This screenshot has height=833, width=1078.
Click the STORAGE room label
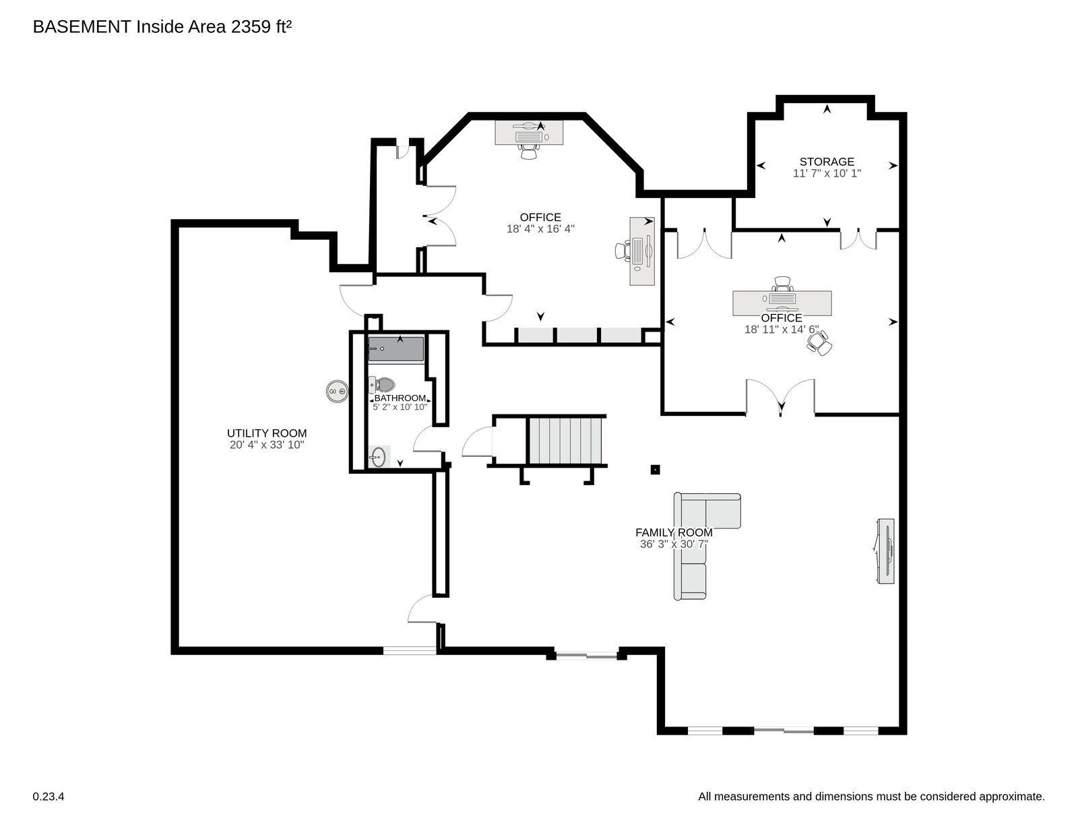pos(827,162)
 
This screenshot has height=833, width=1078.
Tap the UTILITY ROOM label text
pos(267,433)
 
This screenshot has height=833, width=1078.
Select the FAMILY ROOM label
pos(674,532)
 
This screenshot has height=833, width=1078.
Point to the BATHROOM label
pos(400,398)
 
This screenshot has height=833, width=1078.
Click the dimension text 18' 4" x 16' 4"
pos(540,229)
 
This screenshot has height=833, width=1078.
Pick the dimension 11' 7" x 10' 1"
pos(827,174)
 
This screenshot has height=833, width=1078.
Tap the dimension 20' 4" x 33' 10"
pos(267,445)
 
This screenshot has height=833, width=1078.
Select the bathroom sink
pos(378,457)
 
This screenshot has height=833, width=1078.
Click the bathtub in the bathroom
pos(396,349)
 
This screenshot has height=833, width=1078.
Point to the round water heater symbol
pos(337,392)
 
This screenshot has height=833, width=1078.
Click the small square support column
pos(656,469)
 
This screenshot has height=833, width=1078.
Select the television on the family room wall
pos(885,551)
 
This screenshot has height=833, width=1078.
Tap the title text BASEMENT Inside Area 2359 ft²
pos(162,27)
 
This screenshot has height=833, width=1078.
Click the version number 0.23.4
pos(49,797)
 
